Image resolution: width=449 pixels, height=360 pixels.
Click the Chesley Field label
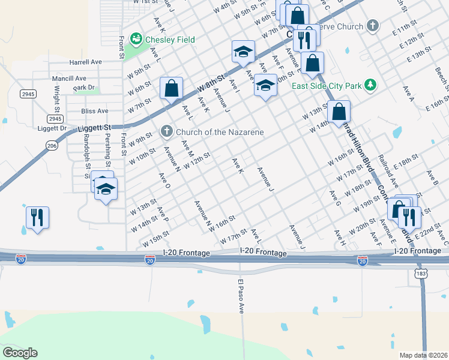click(x=170, y=40)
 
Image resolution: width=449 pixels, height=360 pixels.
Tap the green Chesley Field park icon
click(x=137, y=40)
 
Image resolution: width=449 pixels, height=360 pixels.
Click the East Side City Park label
click(x=327, y=86)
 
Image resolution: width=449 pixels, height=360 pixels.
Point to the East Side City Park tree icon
click(x=372, y=86)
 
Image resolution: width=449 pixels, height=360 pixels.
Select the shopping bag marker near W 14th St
click(x=339, y=112)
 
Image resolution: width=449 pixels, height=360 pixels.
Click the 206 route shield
click(x=52, y=145)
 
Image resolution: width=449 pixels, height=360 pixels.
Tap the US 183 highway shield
click(x=421, y=273)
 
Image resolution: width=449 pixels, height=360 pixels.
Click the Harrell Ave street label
click(x=86, y=62)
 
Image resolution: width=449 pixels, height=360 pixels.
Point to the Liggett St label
click(x=95, y=128)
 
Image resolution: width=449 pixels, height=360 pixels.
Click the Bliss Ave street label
click(x=95, y=111)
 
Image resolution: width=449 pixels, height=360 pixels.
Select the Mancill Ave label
click(x=69, y=79)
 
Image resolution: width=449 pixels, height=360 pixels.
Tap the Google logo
click(x=20, y=352)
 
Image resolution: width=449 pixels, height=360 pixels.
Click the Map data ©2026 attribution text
click(x=424, y=355)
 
